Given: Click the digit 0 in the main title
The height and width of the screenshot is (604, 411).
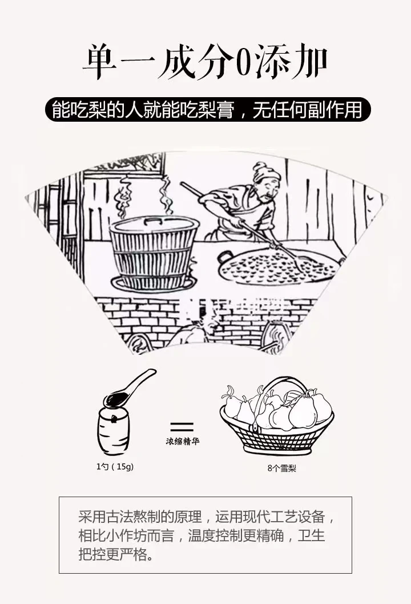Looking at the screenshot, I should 243,63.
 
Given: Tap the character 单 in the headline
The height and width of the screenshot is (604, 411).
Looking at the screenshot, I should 101,63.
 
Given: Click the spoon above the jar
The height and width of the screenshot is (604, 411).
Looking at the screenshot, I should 128,389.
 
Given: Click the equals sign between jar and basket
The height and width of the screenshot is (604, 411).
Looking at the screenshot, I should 182,426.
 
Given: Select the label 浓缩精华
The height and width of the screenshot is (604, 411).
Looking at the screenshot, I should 183,442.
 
